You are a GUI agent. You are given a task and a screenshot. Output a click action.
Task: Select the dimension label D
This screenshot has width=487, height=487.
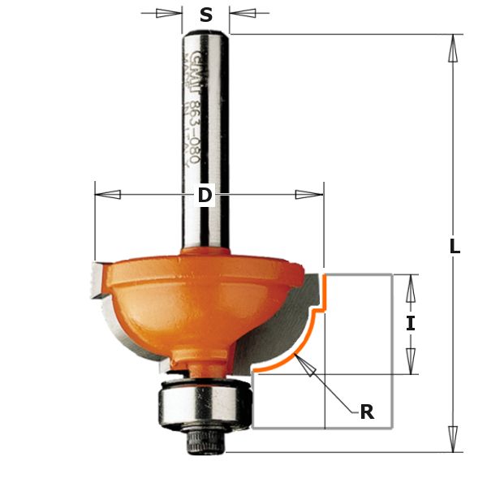pos(205,195)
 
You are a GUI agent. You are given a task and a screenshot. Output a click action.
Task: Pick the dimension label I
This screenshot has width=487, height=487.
pos(411,323)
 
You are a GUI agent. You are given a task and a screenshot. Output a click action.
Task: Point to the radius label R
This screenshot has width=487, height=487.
pos(367,412)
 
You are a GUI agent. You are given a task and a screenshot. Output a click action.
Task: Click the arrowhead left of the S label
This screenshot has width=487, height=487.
pos(169,13)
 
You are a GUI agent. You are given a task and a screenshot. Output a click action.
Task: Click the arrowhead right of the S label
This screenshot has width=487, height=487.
pos(243,13)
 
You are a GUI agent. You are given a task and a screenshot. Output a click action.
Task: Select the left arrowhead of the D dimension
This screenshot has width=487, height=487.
pos(108,195)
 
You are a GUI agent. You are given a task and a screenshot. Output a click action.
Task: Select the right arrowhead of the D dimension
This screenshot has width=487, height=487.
pos(309,195)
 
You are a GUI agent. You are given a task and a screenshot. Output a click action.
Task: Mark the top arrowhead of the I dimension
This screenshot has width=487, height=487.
pos(411,287)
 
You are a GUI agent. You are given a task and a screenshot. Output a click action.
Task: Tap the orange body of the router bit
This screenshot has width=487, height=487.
pos(187,300)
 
